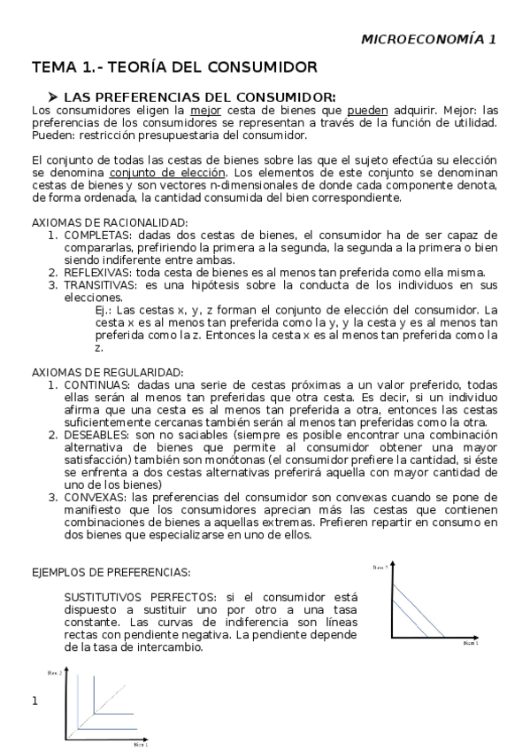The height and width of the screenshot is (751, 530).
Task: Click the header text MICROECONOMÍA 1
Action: tap(429, 39)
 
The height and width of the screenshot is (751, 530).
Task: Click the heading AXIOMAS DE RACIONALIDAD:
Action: tap(109, 222)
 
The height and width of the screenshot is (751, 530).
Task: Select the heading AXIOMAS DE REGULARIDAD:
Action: tap(107, 372)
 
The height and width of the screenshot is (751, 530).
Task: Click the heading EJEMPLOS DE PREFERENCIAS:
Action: tap(111, 572)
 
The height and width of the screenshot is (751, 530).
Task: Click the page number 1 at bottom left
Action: tap(35, 701)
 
